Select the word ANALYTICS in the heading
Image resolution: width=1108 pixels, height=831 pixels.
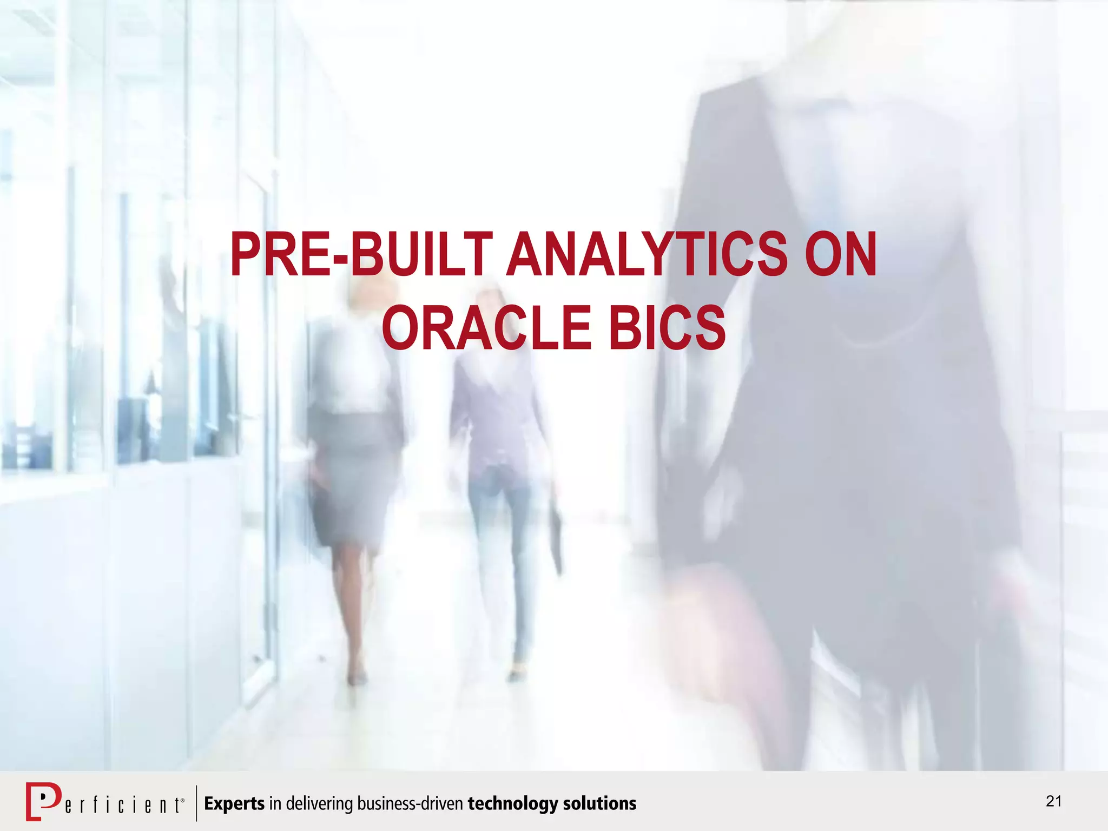point(647,254)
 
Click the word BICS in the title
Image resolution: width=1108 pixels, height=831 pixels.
point(667,328)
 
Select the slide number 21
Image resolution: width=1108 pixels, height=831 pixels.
point(1053,801)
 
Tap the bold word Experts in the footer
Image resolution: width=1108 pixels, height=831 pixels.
point(234,803)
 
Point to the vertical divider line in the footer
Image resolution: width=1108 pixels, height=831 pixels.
point(196,803)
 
